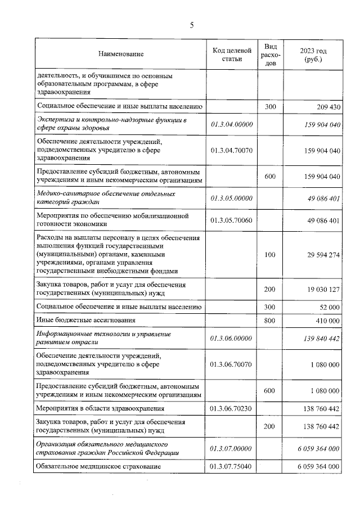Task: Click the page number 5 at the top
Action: click(191, 24)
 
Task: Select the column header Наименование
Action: click(121, 54)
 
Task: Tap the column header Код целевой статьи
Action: click(232, 54)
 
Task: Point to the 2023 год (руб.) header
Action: click(313, 54)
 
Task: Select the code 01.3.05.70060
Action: click(232, 220)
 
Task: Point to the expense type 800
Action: click(269, 321)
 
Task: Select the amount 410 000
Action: click(325, 321)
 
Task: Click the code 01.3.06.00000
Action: click(232, 338)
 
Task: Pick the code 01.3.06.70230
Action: click(232, 408)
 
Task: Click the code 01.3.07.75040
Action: click(232, 467)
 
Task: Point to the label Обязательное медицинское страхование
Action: click(98, 467)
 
